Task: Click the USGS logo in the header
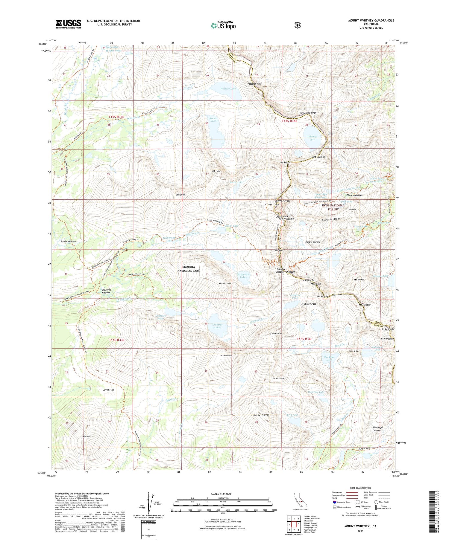[x=68, y=24]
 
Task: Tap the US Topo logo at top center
[x=223, y=26]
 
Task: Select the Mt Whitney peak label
[x=271, y=204]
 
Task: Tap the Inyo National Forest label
[x=333, y=207]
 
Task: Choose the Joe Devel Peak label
[x=261, y=415]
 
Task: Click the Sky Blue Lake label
[x=329, y=358]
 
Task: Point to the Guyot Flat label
[x=108, y=390]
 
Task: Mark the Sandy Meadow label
[x=68, y=241]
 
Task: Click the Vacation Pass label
[x=254, y=84]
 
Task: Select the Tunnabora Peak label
[x=308, y=113]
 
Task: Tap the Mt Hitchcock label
[x=226, y=283]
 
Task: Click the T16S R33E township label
[x=116, y=340]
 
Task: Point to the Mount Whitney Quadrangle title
[x=371, y=20]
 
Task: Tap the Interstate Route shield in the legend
[x=334, y=502]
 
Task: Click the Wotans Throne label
[x=312, y=242]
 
